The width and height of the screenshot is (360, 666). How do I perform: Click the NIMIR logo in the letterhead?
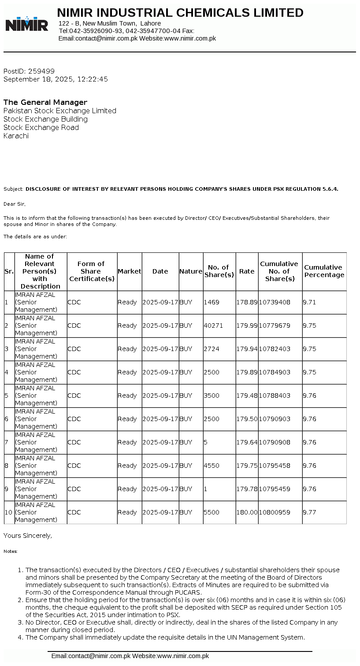[27, 24]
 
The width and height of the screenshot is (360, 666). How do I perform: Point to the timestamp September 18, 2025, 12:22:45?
[56, 79]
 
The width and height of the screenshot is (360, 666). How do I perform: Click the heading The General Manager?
[45, 102]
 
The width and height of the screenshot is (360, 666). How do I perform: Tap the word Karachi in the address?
[16, 136]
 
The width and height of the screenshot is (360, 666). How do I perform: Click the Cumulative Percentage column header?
[324, 271]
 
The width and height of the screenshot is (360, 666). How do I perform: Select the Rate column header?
[247, 271]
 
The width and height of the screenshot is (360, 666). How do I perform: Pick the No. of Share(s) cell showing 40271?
[212, 326]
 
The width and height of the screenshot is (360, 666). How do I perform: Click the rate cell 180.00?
[247, 512]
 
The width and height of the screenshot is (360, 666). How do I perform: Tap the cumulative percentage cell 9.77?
[309, 512]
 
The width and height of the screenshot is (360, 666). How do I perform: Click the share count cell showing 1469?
[212, 302]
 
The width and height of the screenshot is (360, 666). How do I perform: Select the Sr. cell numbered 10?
[9, 512]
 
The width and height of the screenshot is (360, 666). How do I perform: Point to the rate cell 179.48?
[247, 396]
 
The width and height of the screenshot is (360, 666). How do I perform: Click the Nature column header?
[191, 271]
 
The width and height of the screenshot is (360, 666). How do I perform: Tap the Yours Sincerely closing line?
[28, 536]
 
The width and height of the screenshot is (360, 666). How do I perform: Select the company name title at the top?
[180, 13]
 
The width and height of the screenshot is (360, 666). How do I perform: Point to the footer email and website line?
[130, 656]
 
